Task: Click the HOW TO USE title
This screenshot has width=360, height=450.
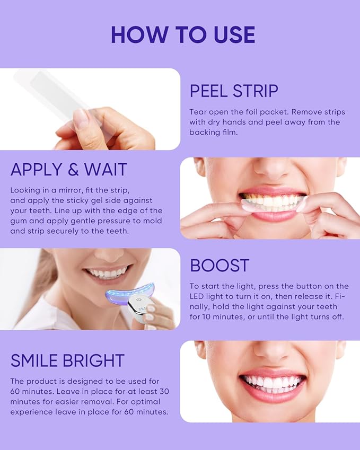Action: [183, 34]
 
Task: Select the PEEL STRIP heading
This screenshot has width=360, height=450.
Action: [234, 91]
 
